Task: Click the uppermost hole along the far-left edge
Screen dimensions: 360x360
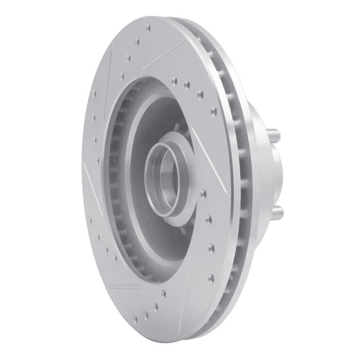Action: pyautogui.click(x=94, y=94)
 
